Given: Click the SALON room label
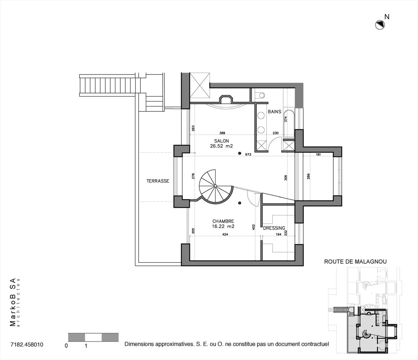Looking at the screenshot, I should (x=221, y=141).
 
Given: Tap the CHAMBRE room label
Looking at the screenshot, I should (x=223, y=221).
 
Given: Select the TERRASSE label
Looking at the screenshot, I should (x=158, y=181).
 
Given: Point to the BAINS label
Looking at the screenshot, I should (x=274, y=111).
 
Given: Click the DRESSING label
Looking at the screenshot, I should (x=274, y=228).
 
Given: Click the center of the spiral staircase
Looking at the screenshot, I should (x=215, y=186).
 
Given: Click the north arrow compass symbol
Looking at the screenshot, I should (x=380, y=25).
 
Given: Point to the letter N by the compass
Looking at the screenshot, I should (x=387, y=17).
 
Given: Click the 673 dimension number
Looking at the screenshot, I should (x=248, y=154).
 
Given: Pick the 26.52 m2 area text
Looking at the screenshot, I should (x=221, y=146).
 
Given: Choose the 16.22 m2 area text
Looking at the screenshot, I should (x=223, y=226).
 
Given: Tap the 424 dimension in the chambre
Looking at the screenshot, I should (x=225, y=234).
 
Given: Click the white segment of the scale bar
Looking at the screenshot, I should (x=93, y=337).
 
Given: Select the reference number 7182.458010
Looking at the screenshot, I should (x=27, y=345).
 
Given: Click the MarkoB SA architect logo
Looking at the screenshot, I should (x=14, y=302).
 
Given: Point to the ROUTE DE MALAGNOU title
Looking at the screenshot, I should (x=355, y=262).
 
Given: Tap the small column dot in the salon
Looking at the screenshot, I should (x=239, y=153).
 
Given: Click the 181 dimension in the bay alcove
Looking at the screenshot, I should (x=318, y=154).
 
